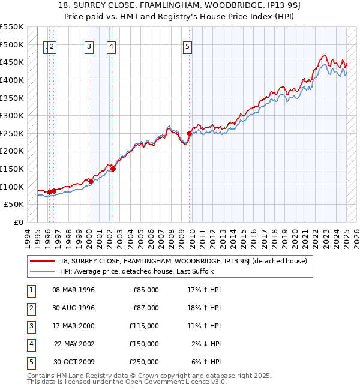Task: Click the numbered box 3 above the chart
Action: tap(89, 48)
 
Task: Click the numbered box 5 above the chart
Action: tap(188, 48)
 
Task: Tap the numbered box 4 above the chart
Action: tap(112, 48)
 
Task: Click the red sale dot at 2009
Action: tap(189, 133)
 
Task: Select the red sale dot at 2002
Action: tap(113, 169)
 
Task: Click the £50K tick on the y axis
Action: tap(14, 205)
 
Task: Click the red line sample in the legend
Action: tap(42, 261)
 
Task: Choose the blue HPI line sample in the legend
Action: tap(42, 272)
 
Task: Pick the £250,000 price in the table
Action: tap(144, 362)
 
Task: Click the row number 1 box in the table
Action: tap(30, 290)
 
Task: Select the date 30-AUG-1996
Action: tap(74, 308)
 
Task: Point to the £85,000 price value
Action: tap(146, 290)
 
